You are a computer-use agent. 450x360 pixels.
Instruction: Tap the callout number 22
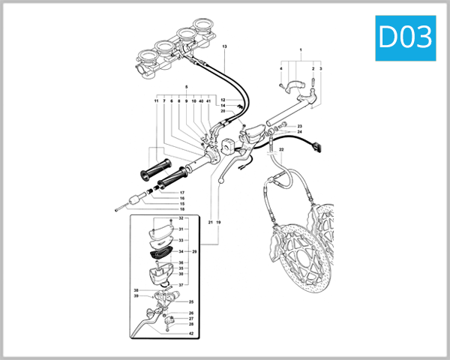(281, 151)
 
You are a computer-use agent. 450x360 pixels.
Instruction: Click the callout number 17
(181, 193)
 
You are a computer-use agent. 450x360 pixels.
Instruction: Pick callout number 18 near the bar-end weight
(181, 209)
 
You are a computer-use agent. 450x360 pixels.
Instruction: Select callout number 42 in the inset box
(191, 333)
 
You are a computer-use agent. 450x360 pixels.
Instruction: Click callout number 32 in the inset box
(181, 218)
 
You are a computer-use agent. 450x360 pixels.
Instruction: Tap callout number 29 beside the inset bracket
(195, 251)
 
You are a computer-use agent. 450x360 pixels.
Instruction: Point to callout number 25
(190, 302)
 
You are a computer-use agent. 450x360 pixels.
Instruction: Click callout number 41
(209, 100)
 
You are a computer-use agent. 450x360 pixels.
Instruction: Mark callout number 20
(213, 112)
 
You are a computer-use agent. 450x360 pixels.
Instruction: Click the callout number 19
(219, 223)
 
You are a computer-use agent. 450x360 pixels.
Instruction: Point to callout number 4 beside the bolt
(281, 69)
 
